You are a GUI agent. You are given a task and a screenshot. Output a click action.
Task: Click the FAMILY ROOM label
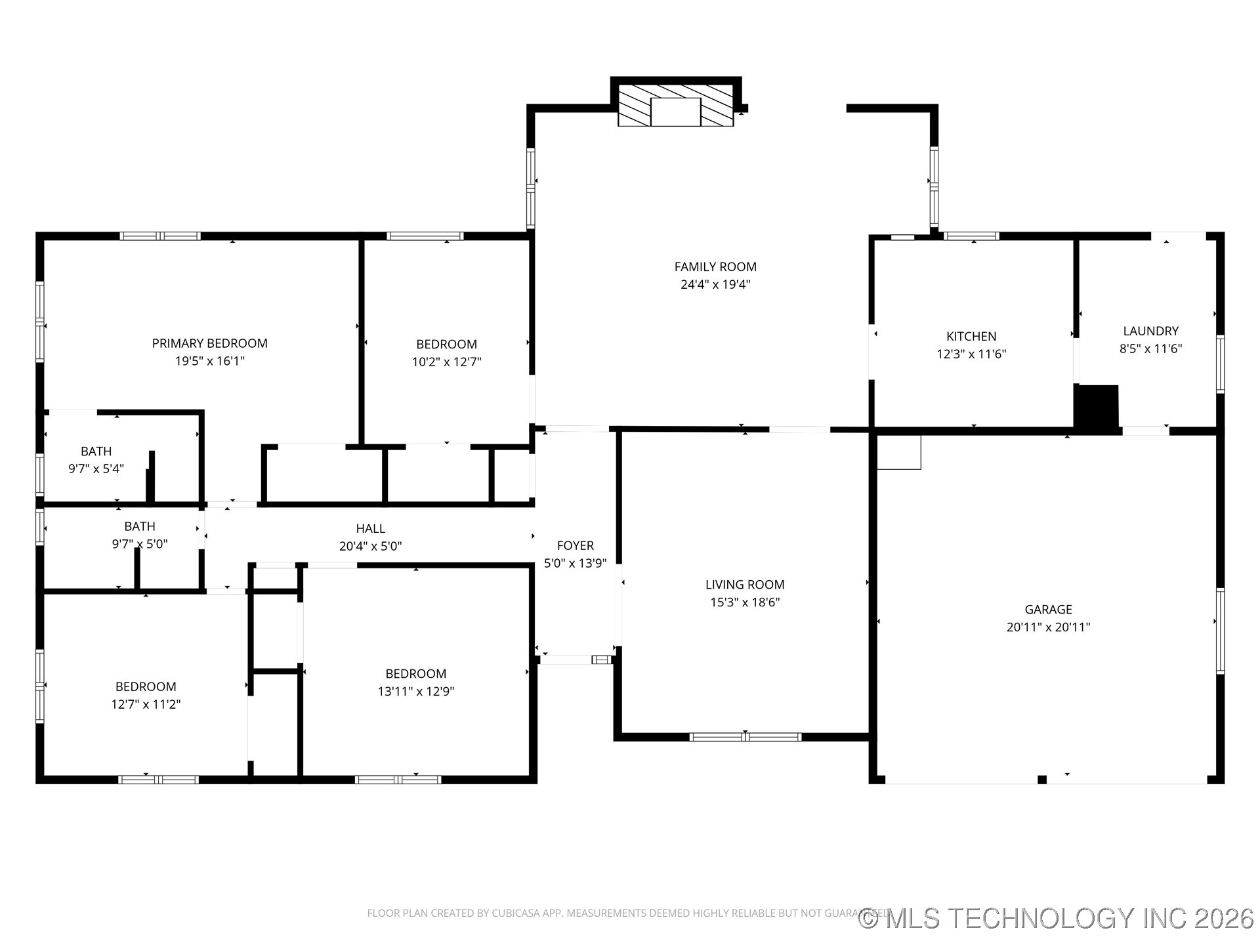pyautogui.click(x=715, y=267)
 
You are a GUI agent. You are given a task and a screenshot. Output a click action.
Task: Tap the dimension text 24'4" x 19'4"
pyautogui.click(x=715, y=285)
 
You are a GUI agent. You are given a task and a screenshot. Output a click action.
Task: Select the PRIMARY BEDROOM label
pyautogui.click(x=209, y=343)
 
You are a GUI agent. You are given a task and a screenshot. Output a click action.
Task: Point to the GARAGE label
pyautogui.click(x=1048, y=610)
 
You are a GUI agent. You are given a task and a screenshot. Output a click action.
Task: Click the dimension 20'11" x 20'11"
pyautogui.click(x=1048, y=627)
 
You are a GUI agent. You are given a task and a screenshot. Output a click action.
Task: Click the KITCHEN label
pyautogui.click(x=971, y=337)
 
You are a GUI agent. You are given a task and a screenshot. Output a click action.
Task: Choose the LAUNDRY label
pyautogui.click(x=1150, y=331)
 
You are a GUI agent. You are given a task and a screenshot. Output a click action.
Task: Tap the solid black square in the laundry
pyautogui.click(x=1097, y=407)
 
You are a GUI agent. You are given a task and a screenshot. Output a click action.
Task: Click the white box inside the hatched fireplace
pyautogui.click(x=675, y=112)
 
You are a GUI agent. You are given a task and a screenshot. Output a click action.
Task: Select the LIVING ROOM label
pyautogui.click(x=744, y=585)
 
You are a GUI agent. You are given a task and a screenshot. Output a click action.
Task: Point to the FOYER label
pyautogui.click(x=575, y=545)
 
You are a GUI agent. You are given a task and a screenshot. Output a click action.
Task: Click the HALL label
pyautogui.click(x=370, y=528)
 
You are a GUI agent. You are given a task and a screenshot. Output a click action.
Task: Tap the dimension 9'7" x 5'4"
pyautogui.click(x=96, y=469)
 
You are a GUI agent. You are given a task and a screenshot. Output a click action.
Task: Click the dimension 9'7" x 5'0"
pyautogui.click(x=139, y=544)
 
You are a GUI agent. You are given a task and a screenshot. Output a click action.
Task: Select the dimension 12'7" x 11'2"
pyautogui.click(x=145, y=704)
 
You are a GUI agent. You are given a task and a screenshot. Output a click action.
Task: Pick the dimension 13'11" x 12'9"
pyautogui.click(x=415, y=691)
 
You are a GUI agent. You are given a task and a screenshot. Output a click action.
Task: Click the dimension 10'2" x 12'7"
pyautogui.click(x=446, y=362)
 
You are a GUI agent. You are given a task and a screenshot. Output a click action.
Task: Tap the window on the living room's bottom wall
pyautogui.click(x=745, y=737)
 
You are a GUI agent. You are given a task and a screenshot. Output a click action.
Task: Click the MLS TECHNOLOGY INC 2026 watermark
pyautogui.click(x=1056, y=918)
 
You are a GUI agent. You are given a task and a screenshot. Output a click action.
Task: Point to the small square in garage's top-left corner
pyautogui.click(x=898, y=452)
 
